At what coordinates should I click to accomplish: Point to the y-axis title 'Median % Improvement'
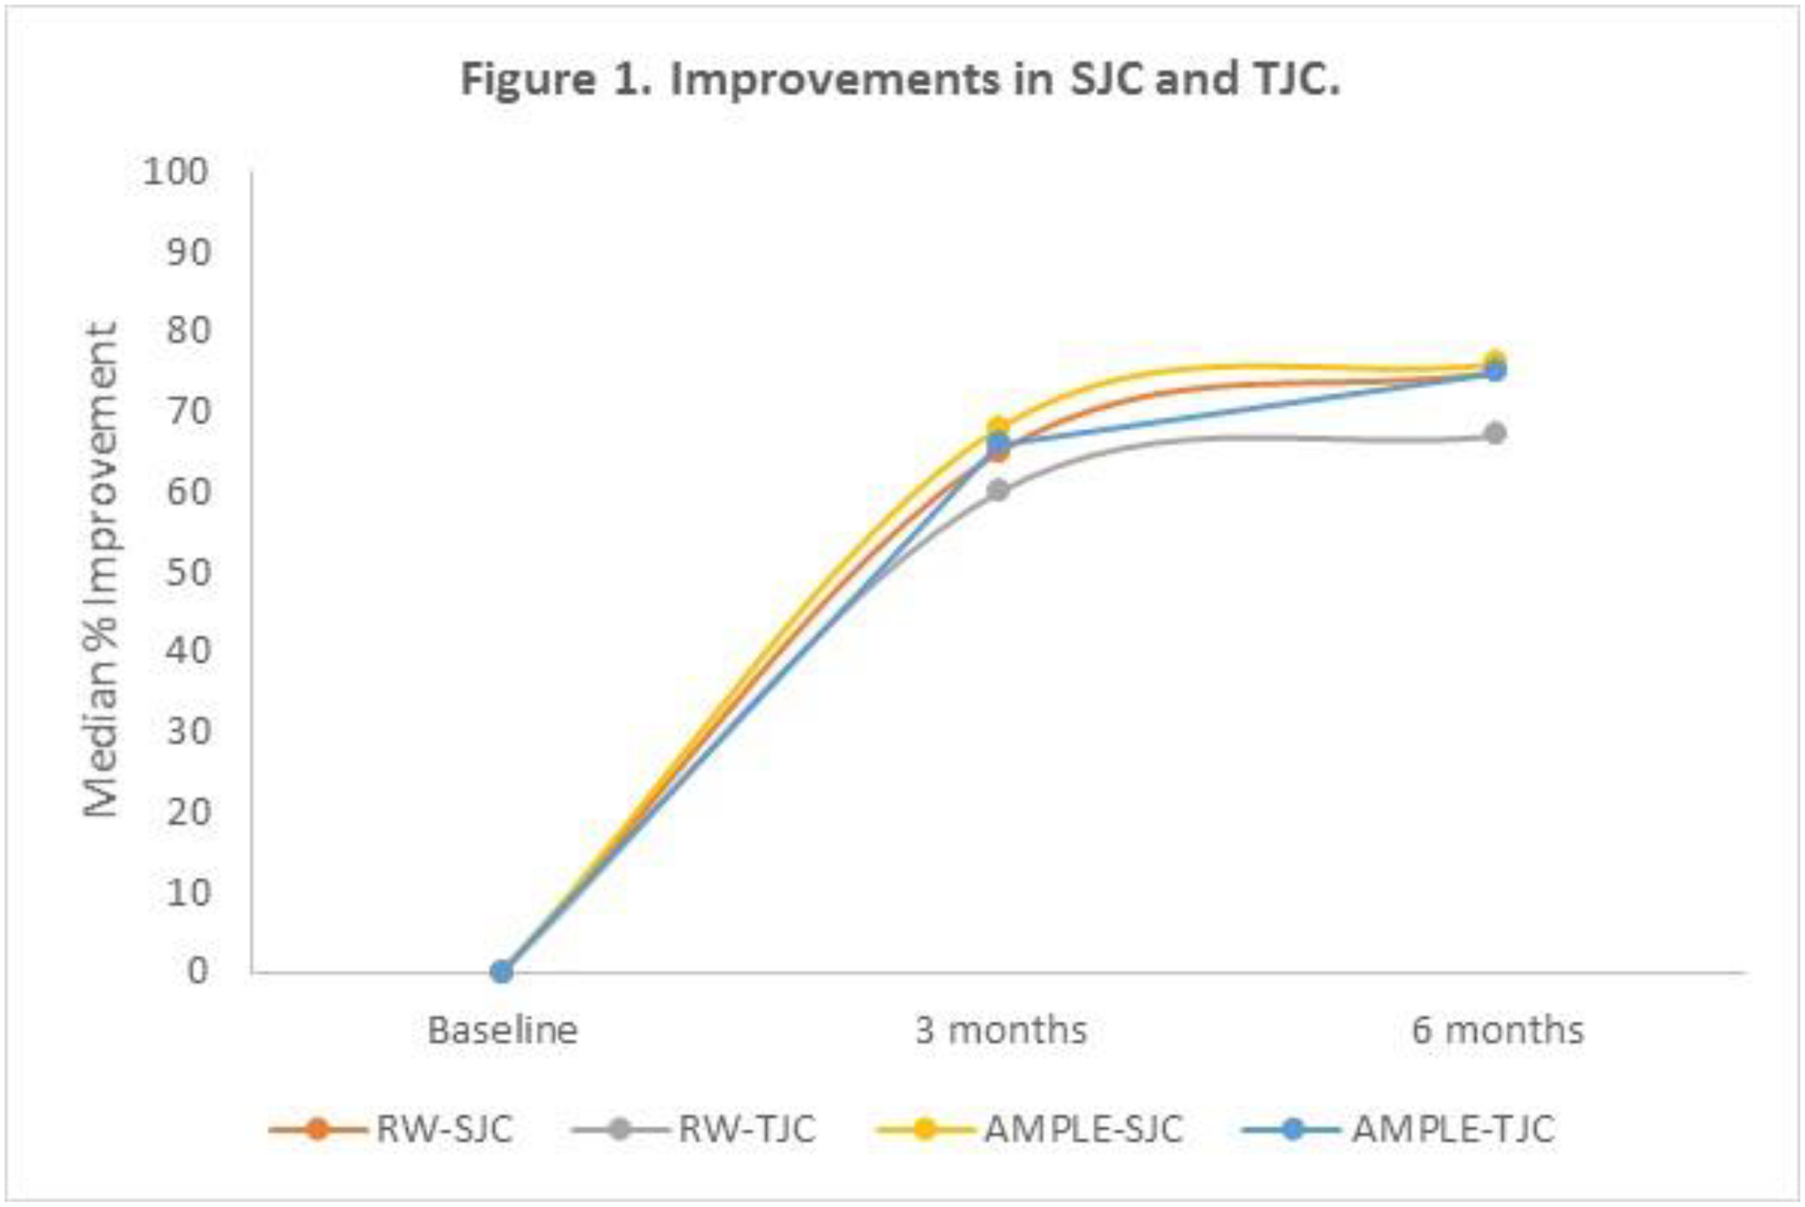pyautogui.click(x=102, y=570)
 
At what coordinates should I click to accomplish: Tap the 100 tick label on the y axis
pyautogui.click(x=176, y=172)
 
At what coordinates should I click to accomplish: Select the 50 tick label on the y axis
pyautogui.click(x=188, y=572)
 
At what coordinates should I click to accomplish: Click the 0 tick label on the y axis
pyautogui.click(x=198, y=971)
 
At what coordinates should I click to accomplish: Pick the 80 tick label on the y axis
pyautogui.click(x=188, y=331)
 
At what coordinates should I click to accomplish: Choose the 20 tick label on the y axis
pyautogui.click(x=188, y=811)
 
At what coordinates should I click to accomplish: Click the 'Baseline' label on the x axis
pyautogui.click(x=502, y=1031)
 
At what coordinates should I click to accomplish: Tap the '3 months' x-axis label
pyautogui.click(x=1000, y=1031)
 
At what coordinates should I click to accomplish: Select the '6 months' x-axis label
pyautogui.click(x=1497, y=1031)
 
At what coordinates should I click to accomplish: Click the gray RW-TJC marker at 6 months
pyautogui.click(x=1495, y=434)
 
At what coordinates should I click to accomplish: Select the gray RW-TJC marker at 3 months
pyautogui.click(x=997, y=490)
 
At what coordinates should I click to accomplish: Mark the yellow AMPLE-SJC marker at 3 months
pyautogui.click(x=997, y=426)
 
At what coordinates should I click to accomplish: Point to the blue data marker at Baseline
pyautogui.click(x=501, y=972)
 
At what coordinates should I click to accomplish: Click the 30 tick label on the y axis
pyautogui.click(x=188, y=731)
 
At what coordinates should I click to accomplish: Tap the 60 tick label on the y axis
pyautogui.click(x=188, y=491)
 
